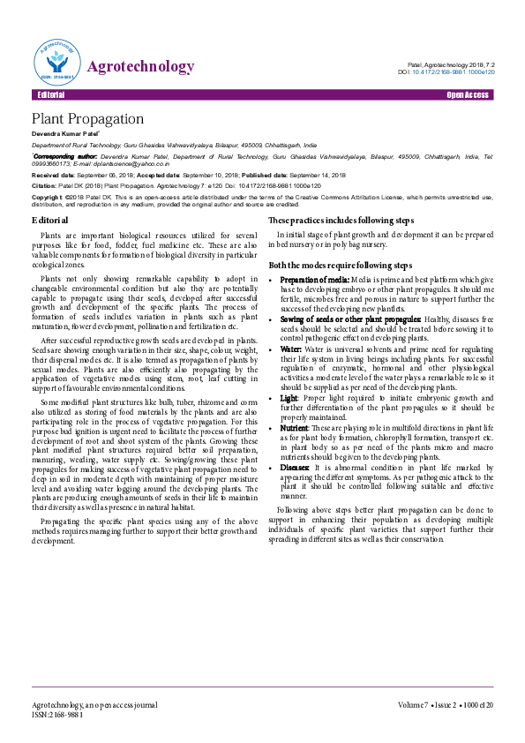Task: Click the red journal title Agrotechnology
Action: point(141,67)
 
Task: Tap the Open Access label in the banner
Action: point(469,94)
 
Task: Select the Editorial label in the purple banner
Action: point(51,94)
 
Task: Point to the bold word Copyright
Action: point(47,197)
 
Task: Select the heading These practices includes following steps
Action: point(341,219)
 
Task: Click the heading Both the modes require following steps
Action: point(340,265)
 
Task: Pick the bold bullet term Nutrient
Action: point(297,426)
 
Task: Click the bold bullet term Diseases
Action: point(296,467)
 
